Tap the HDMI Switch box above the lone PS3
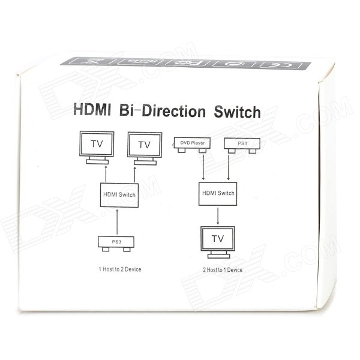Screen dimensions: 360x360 [x=119, y=195]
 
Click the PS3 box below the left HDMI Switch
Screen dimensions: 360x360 [x=116, y=242]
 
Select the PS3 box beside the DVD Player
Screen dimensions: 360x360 [x=240, y=144]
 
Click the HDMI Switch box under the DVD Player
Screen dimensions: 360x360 [x=217, y=193]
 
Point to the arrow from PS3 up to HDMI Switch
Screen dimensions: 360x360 [x=116, y=221]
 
